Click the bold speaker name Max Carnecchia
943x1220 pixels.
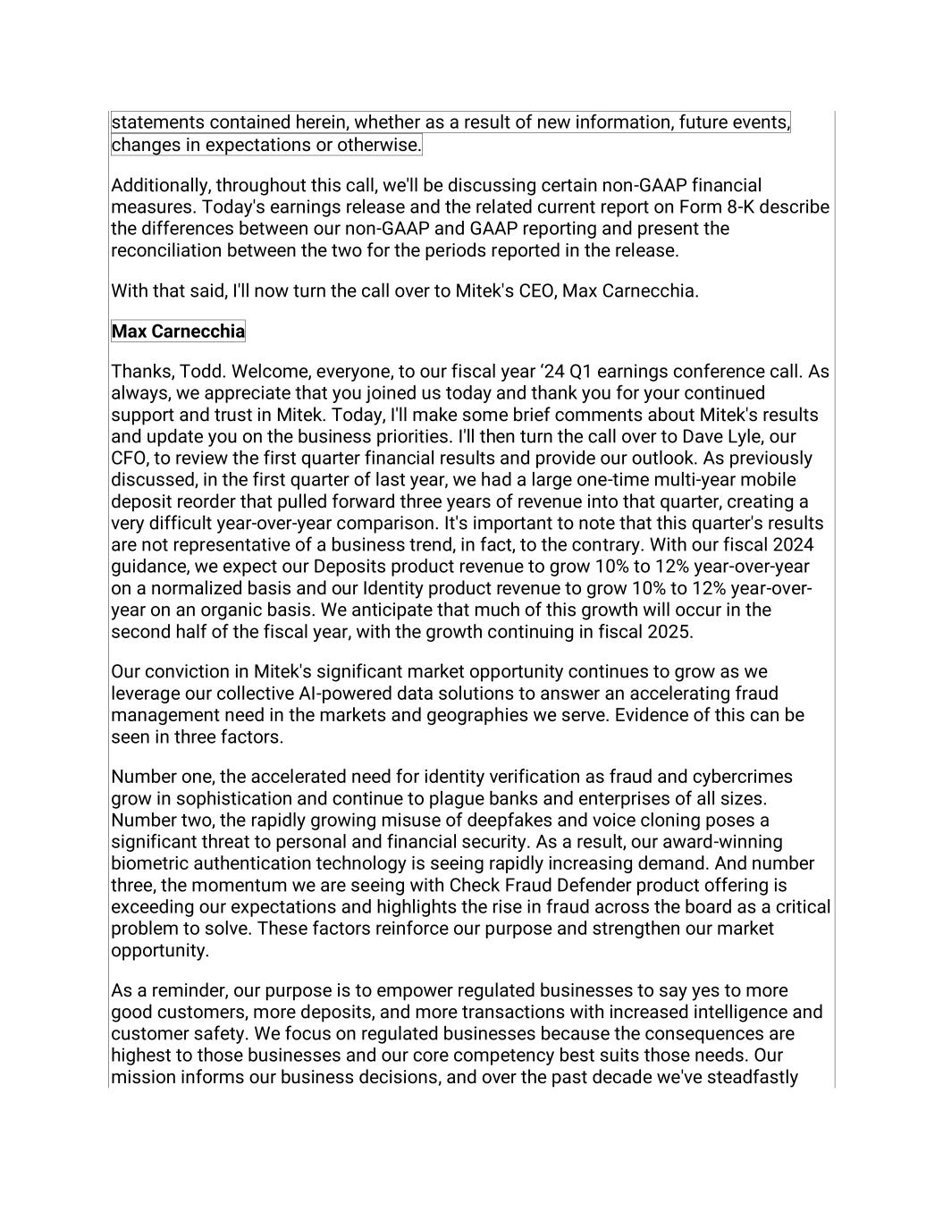pos(178,332)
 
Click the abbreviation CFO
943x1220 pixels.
pos(130,459)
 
